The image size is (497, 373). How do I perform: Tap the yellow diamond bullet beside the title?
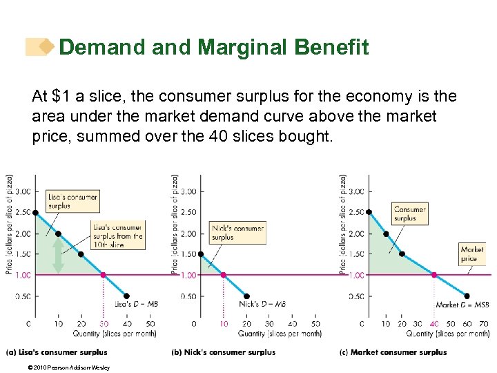(47, 47)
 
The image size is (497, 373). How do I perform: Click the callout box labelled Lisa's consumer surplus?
(72, 200)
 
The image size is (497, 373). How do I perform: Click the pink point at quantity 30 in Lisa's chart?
(104, 275)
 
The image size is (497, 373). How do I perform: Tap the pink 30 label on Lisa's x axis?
(104, 323)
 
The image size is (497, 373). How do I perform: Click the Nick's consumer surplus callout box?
(238, 233)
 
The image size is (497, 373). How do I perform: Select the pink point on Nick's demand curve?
(223, 275)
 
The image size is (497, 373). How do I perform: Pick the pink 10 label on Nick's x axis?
(223, 323)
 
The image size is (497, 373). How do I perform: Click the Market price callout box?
(472, 254)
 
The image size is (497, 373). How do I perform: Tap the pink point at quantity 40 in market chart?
(434, 275)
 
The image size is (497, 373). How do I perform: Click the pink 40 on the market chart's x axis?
(434, 323)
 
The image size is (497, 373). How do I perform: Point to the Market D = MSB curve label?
(462, 305)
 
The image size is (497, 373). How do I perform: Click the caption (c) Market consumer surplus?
(393, 352)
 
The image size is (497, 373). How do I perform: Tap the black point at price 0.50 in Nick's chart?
(247, 296)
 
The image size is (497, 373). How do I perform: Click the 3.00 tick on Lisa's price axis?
(22, 191)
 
